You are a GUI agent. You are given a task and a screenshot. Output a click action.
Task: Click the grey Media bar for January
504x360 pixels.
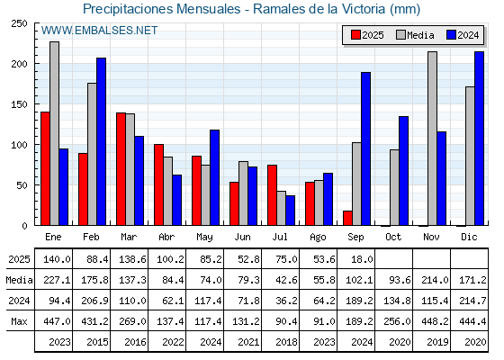(54, 133)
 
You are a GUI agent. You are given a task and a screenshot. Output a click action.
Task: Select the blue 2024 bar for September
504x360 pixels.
(365, 148)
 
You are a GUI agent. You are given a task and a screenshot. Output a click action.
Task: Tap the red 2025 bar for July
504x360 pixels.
(272, 195)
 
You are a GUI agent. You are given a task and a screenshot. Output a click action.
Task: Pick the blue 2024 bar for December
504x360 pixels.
(479, 139)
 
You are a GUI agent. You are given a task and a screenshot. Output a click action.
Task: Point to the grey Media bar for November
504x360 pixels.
(432, 139)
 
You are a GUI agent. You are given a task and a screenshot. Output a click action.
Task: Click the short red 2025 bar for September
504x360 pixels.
(347, 218)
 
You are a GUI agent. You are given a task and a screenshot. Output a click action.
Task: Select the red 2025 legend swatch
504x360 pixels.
(355, 35)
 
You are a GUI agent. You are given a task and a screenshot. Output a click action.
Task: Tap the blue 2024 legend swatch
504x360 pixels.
(451, 35)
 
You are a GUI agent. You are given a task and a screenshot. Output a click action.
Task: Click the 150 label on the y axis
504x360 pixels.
(19, 104)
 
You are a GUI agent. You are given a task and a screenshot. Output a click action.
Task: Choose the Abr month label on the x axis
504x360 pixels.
(166, 238)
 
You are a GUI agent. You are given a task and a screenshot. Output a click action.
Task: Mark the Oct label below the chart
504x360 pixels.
(393, 238)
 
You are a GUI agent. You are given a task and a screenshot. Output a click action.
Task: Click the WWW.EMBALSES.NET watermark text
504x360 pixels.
(99, 31)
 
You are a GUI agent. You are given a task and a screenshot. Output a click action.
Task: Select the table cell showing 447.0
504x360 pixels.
(57, 321)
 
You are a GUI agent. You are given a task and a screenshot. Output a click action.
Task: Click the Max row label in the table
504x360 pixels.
(19, 321)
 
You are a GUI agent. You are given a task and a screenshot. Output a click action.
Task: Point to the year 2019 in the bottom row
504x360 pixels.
(437, 342)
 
